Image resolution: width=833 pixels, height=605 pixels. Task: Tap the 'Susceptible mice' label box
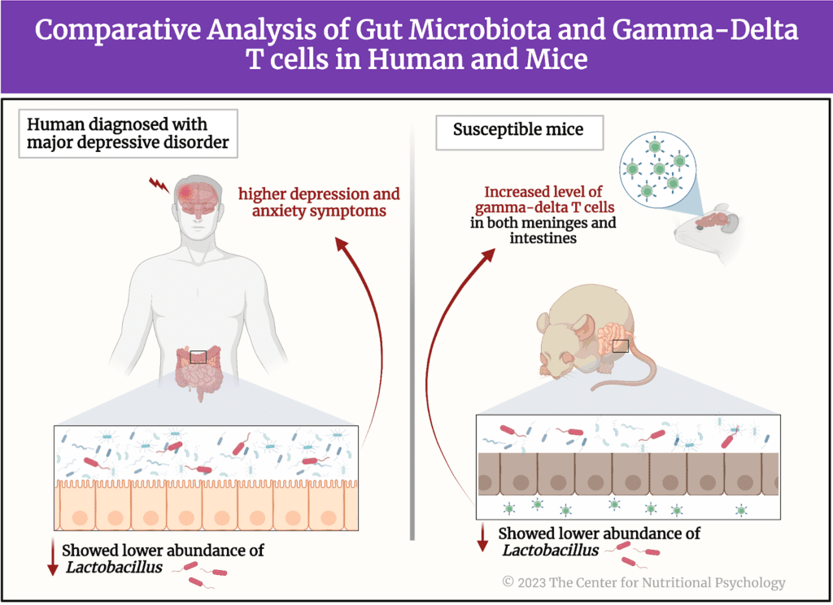(517, 130)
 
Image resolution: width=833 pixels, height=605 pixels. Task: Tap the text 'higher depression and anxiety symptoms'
(319, 203)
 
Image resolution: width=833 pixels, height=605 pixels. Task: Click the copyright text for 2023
(643, 582)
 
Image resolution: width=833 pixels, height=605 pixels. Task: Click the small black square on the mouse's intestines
(621, 346)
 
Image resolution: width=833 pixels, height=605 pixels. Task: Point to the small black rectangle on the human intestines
(198, 356)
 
